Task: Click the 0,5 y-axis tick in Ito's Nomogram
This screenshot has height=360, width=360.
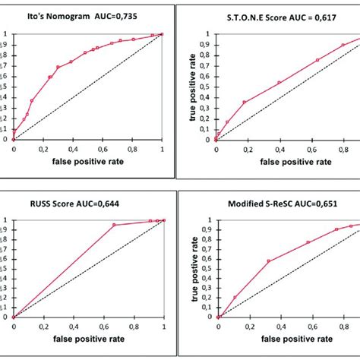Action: click(6, 87)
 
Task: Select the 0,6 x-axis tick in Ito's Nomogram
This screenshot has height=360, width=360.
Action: click(102, 149)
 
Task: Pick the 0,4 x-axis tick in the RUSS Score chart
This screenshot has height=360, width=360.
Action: click(73, 325)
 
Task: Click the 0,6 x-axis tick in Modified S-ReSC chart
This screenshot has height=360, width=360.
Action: click(306, 325)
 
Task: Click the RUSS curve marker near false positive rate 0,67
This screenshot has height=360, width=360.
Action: click(114, 225)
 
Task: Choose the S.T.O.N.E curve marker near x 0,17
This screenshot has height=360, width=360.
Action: click(244, 103)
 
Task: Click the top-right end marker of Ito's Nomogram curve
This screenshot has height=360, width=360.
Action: click(162, 34)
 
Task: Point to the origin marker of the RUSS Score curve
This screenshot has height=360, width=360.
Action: click(14, 317)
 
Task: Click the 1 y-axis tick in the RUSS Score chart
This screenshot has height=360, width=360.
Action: click(7, 221)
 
